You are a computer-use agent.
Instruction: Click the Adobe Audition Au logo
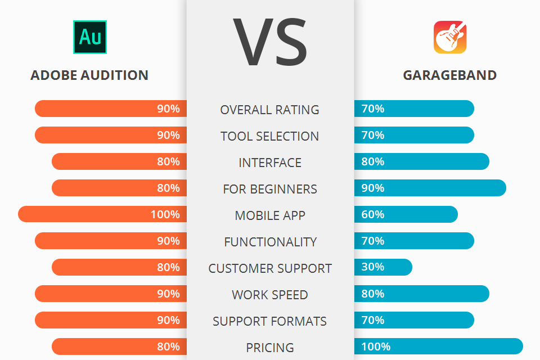tap(89, 37)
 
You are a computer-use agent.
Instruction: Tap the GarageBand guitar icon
tap(450, 37)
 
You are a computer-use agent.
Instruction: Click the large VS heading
tap(270, 42)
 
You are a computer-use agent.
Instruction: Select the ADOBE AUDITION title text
tap(89, 75)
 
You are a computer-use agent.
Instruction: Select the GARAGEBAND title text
tap(450, 75)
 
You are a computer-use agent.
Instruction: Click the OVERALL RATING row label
tap(270, 110)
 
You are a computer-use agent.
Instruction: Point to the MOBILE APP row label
tap(270, 215)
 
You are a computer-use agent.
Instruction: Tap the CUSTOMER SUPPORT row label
tap(270, 268)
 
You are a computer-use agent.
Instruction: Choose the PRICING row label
tap(270, 348)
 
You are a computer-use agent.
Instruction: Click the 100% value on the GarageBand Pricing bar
tap(376, 346)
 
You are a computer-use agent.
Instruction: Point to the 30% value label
tap(373, 267)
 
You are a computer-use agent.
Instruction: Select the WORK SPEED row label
tap(270, 295)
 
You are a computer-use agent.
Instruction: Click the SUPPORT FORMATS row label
tap(270, 321)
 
